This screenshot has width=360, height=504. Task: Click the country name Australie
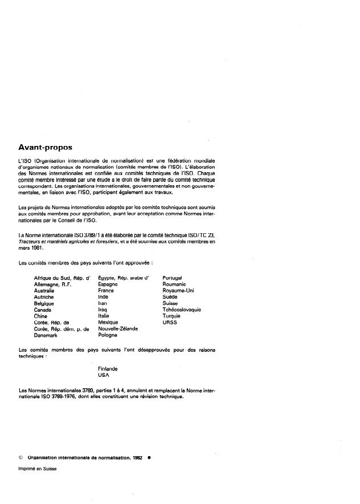coord(45,290)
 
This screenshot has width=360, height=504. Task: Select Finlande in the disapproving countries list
coord(109,368)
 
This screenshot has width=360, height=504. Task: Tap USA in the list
coord(104,375)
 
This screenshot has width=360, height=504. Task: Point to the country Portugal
coord(172,278)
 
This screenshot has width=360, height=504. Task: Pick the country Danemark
coord(47,335)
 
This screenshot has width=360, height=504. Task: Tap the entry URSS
coord(170,322)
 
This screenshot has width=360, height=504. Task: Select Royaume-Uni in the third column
coord(178,290)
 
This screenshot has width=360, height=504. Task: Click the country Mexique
coord(108,322)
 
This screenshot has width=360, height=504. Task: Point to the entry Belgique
coord(45,303)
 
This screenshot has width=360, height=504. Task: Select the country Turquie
coord(171,316)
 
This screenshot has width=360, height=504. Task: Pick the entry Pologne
coord(108,335)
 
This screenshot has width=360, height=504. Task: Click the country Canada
coord(43,310)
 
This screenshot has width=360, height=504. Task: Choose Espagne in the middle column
coord(108,284)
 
